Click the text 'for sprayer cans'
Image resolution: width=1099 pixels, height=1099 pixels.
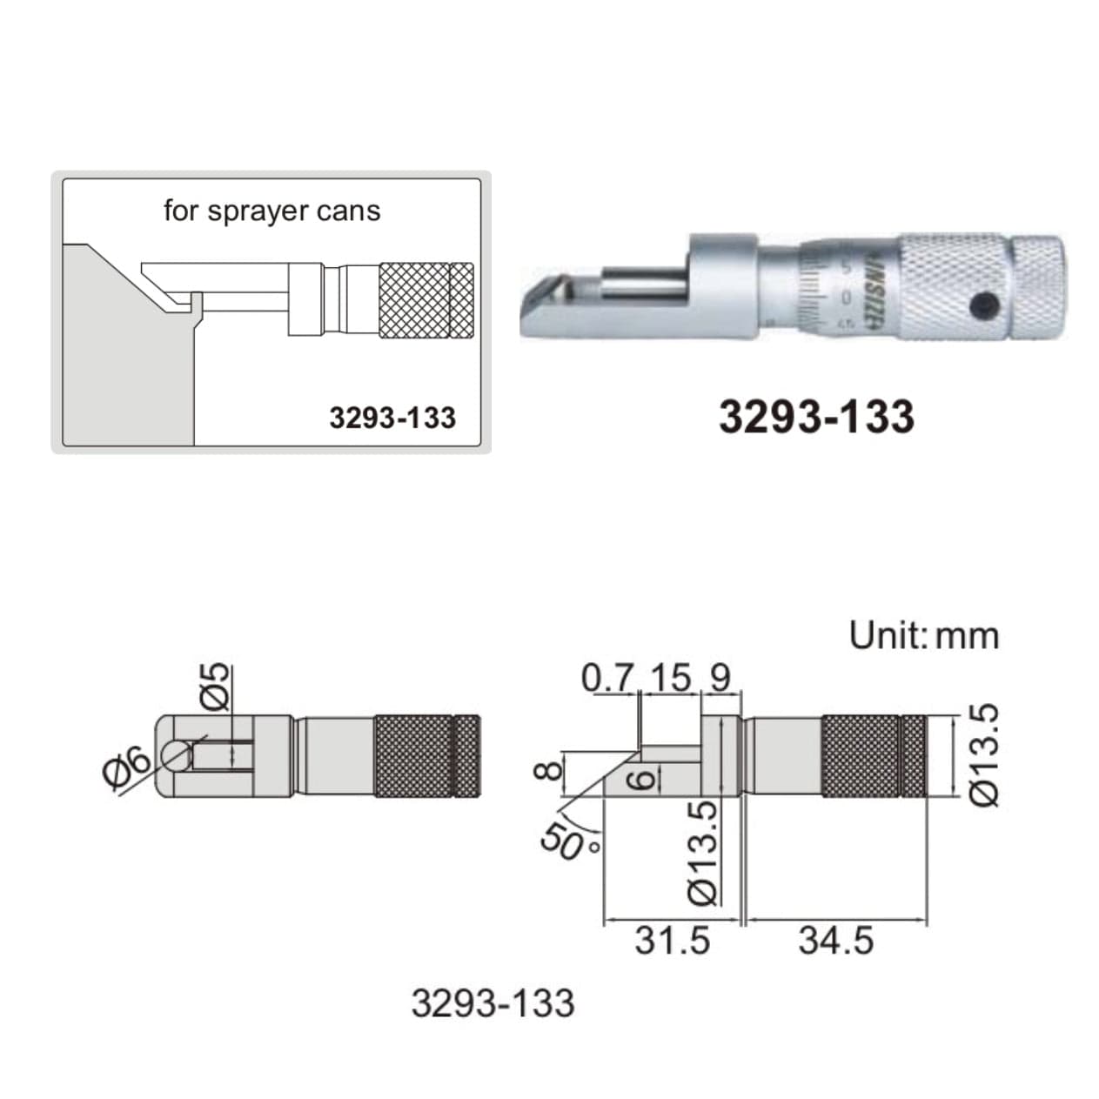[271, 211]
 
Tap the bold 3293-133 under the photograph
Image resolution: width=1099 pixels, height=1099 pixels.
[815, 416]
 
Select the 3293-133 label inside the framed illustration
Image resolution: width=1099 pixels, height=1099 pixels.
[392, 418]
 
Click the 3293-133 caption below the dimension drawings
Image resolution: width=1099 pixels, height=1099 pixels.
[493, 1003]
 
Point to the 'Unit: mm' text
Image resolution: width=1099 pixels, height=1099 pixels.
[923, 635]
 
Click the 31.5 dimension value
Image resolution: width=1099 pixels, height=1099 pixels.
[672, 941]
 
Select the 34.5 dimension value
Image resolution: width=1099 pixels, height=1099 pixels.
[835, 941]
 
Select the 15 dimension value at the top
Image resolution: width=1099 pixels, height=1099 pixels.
[669, 678]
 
